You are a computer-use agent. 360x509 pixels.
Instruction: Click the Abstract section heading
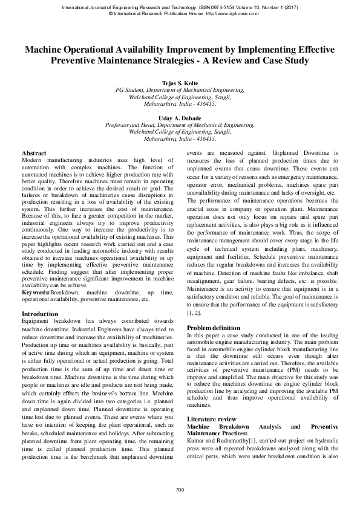(34, 154)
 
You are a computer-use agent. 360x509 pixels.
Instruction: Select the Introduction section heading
(40, 314)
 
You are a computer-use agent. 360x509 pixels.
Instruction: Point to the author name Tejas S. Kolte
(180, 82)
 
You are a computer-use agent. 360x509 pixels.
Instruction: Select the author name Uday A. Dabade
(180, 119)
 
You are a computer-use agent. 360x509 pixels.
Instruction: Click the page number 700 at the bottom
(180, 489)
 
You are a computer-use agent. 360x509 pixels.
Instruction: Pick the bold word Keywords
(36, 293)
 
